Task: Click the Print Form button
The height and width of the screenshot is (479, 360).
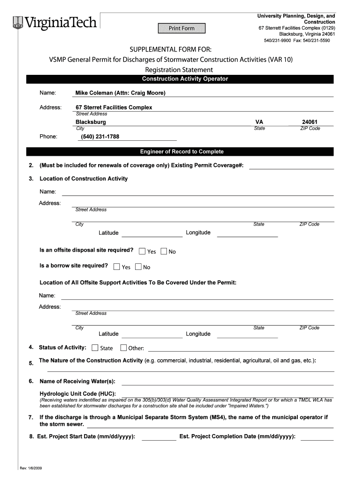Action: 181,29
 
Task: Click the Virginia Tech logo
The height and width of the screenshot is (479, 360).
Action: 55,22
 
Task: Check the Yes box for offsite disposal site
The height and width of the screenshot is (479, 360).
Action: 142,251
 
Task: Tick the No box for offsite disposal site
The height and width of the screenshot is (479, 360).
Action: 164,251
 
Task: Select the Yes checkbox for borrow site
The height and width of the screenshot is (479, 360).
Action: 116,267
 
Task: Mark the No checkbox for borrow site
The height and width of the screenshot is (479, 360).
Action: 138,267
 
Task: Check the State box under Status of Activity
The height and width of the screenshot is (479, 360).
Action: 95,348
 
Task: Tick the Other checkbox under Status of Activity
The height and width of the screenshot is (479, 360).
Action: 123,348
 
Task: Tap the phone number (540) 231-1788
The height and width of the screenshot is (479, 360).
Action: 101,137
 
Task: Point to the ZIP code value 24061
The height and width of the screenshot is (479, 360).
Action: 310,122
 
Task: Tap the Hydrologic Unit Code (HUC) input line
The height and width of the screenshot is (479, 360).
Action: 227,393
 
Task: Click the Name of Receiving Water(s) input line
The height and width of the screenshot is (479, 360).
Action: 228,382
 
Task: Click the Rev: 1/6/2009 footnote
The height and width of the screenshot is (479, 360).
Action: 31,468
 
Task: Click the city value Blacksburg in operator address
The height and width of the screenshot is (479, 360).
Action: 91,122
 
